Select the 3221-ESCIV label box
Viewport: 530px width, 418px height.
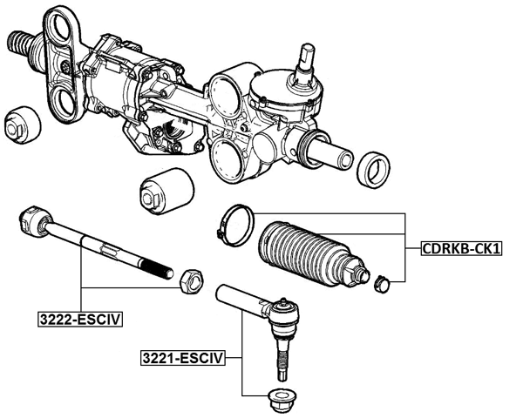click(183, 357)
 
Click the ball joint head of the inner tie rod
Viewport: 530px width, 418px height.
click(33, 219)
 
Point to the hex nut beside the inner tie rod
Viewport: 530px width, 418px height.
click(191, 280)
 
